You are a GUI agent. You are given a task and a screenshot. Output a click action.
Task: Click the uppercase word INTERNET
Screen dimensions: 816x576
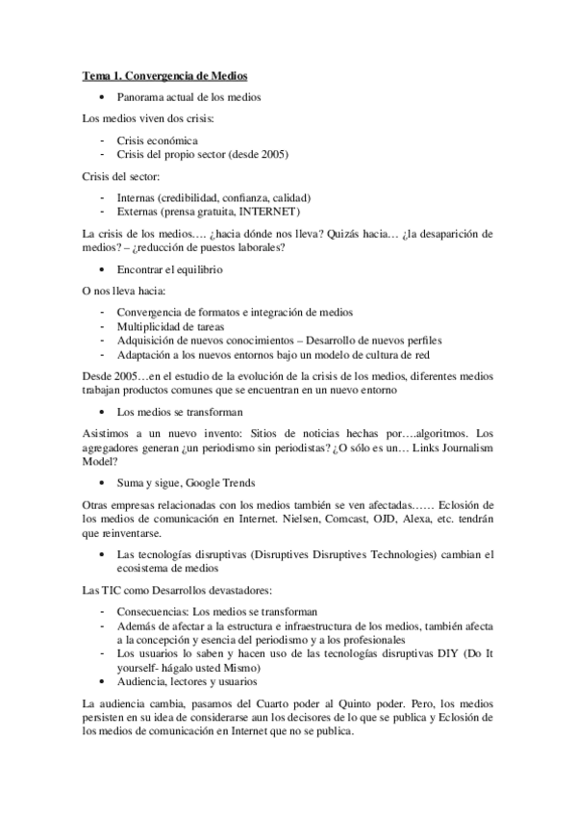[x=270, y=211]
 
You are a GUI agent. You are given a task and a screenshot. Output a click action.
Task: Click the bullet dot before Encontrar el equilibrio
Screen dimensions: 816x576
[x=103, y=270]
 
